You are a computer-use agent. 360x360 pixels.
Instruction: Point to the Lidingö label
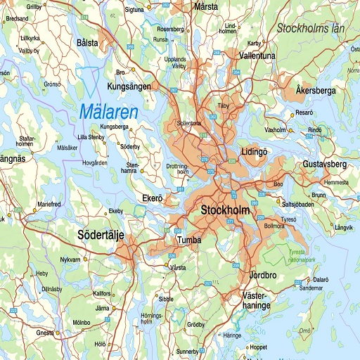[255, 151]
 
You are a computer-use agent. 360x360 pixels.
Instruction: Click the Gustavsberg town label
[325, 164]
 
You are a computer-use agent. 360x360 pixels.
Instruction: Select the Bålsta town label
[87, 43]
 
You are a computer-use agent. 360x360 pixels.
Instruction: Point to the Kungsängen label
[129, 86]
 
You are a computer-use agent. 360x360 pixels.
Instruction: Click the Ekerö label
[153, 198]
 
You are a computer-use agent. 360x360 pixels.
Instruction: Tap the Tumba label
[189, 240]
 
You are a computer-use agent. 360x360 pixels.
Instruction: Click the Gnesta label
[46, 332]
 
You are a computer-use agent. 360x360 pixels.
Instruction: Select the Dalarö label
[321, 279]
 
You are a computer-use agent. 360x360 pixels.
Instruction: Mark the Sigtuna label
[134, 11]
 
